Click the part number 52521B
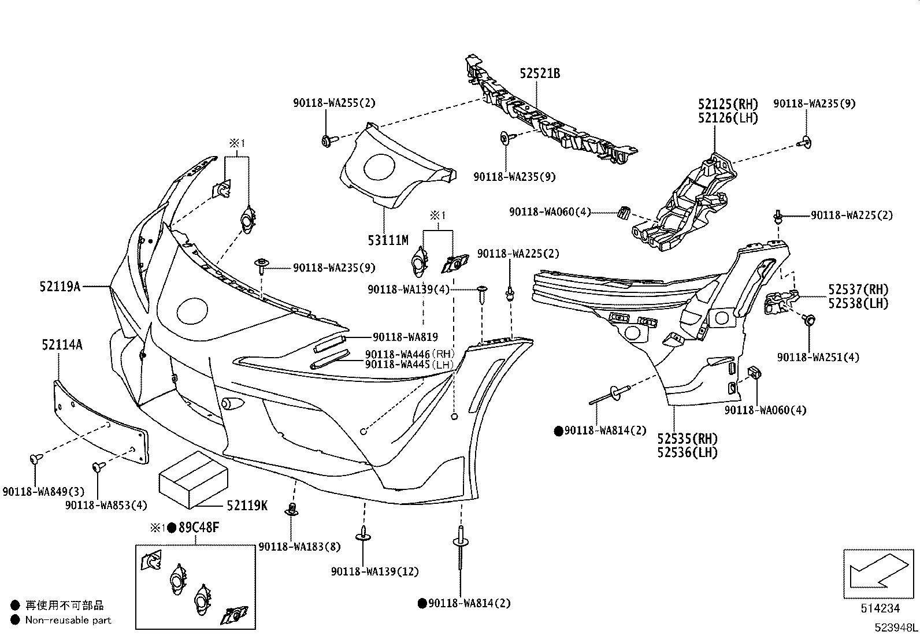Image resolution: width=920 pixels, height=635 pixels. click(540, 73)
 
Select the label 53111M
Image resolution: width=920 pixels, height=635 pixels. click(388, 240)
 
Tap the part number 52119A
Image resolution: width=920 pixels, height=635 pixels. click(60, 286)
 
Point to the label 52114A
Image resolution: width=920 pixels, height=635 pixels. click(61, 345)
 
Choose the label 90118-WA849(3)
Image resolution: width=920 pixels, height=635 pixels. click(43, 492)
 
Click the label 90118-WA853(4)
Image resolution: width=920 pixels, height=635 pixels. click(106, 505)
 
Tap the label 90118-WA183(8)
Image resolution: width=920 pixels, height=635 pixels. click(300, 547)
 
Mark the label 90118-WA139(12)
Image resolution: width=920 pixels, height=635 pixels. click(374, 571)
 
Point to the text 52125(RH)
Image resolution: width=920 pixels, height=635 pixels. click(728, 104)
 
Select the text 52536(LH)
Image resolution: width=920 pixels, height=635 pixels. click(687, 452)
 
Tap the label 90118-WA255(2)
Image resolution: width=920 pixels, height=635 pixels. click(334, 103)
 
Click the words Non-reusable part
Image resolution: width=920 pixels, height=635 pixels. click(68, 620)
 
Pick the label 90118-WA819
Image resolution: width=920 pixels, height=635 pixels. click(405, 337)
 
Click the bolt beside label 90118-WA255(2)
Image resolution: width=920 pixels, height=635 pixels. click(326, 140)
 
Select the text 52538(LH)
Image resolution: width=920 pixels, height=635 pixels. click(858, 303)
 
